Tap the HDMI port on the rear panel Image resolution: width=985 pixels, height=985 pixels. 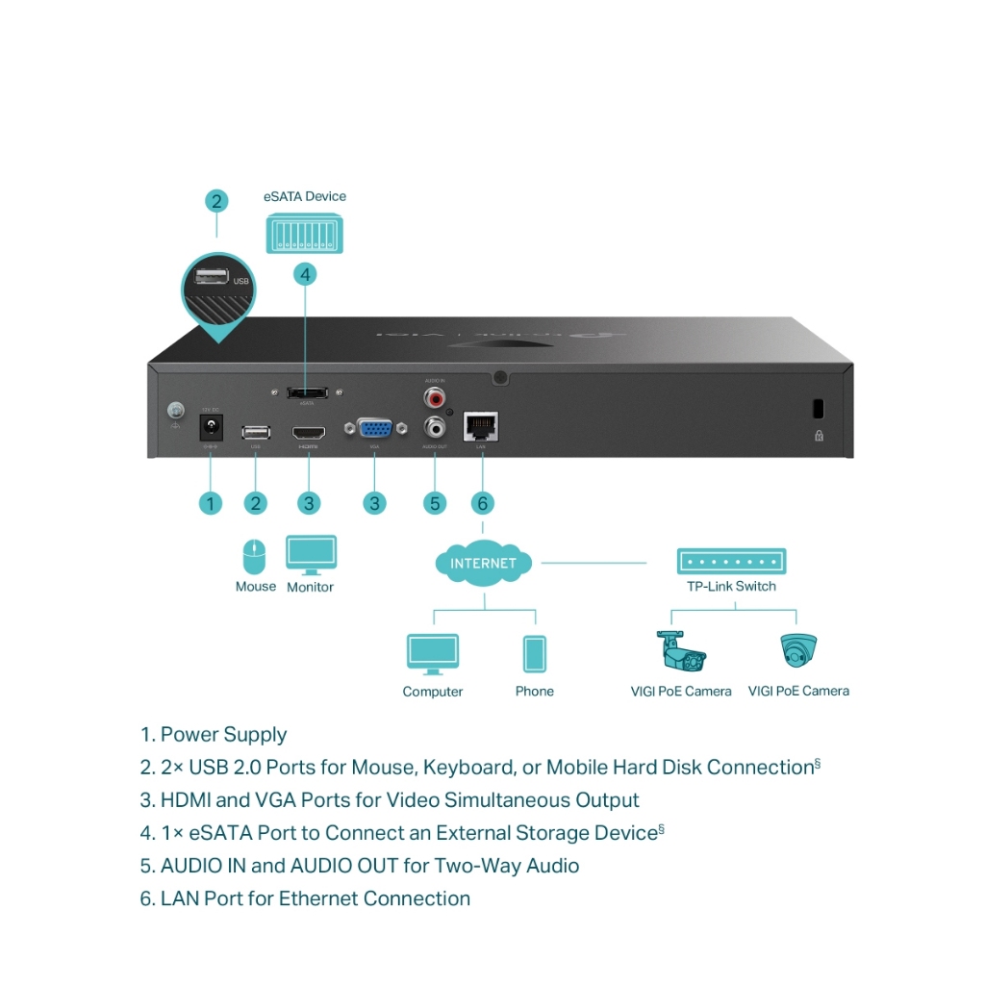pos(309,432)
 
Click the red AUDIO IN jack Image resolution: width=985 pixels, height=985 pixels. pos(436,395)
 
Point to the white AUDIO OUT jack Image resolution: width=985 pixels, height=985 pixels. pos(436,425)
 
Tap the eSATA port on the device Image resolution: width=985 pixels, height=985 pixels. pos(308,392)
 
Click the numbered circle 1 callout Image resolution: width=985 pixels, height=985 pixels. pos(210,502)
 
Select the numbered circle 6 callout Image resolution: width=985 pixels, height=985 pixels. pos(483,502)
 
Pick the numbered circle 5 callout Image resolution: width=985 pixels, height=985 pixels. pos(435,502)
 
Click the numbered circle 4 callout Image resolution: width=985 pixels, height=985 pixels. pos(305,274)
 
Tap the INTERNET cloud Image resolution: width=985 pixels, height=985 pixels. pos(483,563)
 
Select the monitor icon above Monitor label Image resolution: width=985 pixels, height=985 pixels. pos(311,555)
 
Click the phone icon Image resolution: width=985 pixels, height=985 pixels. pos(534,654)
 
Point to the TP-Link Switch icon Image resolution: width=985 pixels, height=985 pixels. pos(731,561)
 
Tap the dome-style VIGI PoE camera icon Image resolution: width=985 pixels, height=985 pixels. pos(797,650)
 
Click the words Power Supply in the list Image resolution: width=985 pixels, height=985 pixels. pos(223,735)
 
